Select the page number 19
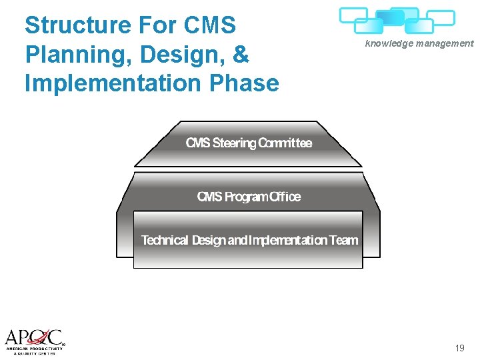(459, 348)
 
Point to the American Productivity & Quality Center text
(35, 350)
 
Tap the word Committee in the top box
(285, 143)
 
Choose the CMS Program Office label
(249, 197)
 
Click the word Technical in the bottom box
(165, 240)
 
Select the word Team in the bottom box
(344, 240)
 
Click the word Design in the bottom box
(209, 240)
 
